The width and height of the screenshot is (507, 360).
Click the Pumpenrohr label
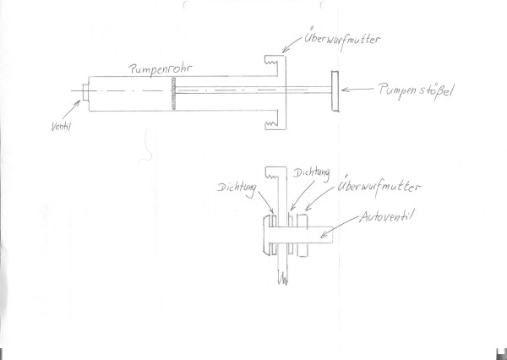coord(161,69)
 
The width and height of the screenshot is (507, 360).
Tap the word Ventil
coord(61,127)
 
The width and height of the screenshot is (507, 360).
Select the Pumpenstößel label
coord(417,90)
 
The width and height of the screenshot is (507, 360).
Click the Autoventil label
coord(387,216)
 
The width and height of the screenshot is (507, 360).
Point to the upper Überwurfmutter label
coord(342,40)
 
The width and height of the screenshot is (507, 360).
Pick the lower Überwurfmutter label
coord(379,187)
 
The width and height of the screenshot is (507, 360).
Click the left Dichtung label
coord(237,189)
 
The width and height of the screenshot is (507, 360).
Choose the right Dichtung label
coord(312,173)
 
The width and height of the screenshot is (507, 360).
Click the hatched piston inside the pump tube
coord(173,94)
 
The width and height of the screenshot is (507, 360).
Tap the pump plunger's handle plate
coord(335,91)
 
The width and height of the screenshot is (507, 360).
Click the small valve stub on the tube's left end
coord(85,92)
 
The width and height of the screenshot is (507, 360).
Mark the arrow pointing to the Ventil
coord(72,109)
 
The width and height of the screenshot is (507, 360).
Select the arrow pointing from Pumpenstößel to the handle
coord(357,90)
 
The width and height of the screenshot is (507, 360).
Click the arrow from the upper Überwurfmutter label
coord(292,44)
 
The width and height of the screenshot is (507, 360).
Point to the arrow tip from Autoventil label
coord(321,237)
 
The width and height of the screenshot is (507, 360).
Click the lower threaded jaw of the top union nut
coord(271,120)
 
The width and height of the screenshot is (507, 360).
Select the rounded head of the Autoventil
coord(267,235)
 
